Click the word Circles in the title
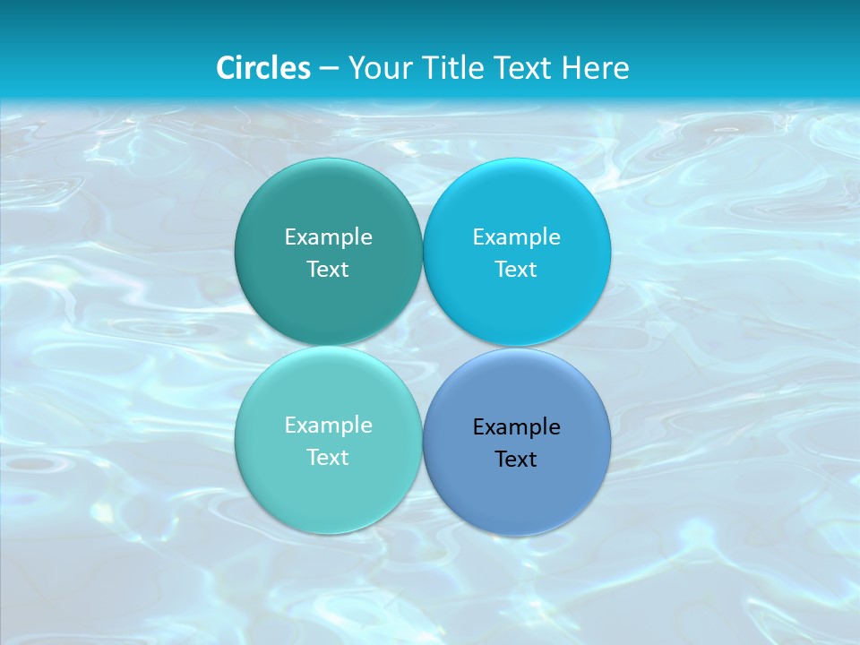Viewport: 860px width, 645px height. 263,68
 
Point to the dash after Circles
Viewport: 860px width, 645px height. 329,69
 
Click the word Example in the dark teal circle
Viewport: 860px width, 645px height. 328,237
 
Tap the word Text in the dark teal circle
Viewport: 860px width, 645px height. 328,270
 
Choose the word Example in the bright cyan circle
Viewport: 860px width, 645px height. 516,237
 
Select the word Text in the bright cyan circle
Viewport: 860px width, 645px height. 516,270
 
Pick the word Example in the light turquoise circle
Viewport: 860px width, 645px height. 328,426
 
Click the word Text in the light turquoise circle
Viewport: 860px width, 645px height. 328,458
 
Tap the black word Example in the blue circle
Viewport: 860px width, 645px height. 516,427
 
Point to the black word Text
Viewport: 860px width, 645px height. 516,460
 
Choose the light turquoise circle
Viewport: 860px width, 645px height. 328,493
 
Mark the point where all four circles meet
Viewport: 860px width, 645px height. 423,347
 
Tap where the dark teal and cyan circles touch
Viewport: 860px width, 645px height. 423,253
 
